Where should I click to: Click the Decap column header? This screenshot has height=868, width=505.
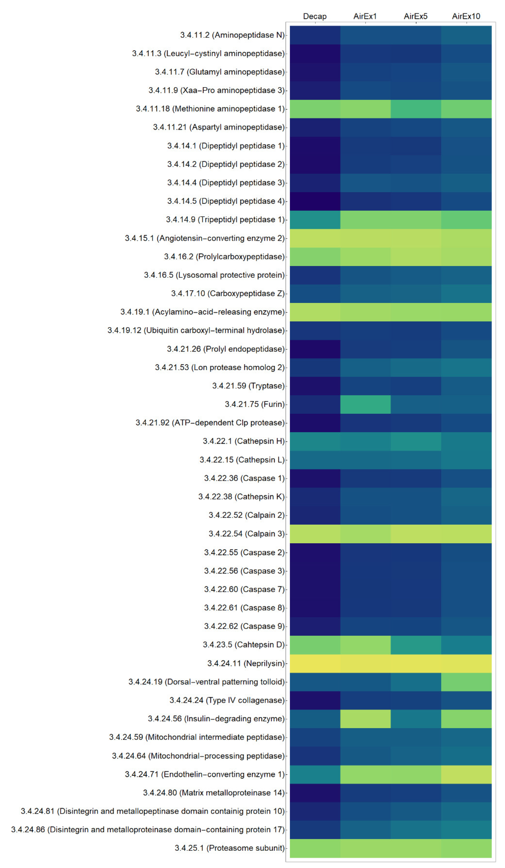314,16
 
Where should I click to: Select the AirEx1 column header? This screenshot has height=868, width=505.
365,16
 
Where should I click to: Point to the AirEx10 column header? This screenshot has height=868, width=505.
466,16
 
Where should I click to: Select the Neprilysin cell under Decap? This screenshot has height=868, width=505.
314,663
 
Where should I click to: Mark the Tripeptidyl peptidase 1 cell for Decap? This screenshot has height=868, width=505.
314,220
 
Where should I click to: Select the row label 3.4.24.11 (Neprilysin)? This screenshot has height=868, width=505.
246,663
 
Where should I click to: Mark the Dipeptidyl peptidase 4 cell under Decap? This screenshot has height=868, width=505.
314,201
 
